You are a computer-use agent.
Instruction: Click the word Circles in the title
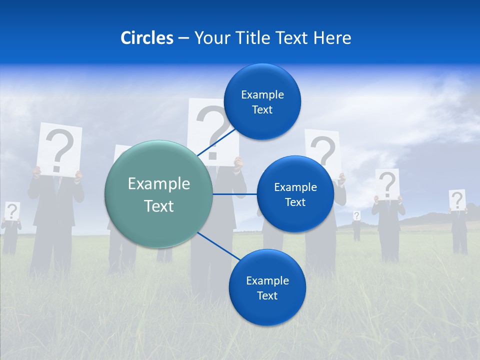point(147,38)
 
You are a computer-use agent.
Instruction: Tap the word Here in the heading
point(332,38)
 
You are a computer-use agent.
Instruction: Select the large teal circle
point(158,194)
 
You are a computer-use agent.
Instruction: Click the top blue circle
point(262,101)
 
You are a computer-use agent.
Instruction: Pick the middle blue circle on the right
point(295,194)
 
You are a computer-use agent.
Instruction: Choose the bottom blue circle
point(267,287)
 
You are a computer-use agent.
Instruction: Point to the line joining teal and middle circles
point(234,194)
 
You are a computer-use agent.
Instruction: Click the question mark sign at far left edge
point(12,211)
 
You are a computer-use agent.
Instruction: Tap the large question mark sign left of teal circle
point(60,149)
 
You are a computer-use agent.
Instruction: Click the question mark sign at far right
point(457,200)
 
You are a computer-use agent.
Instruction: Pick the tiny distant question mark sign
point(356,215)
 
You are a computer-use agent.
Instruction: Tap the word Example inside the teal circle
point(158,183)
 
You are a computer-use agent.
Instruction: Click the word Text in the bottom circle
point(267,295)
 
